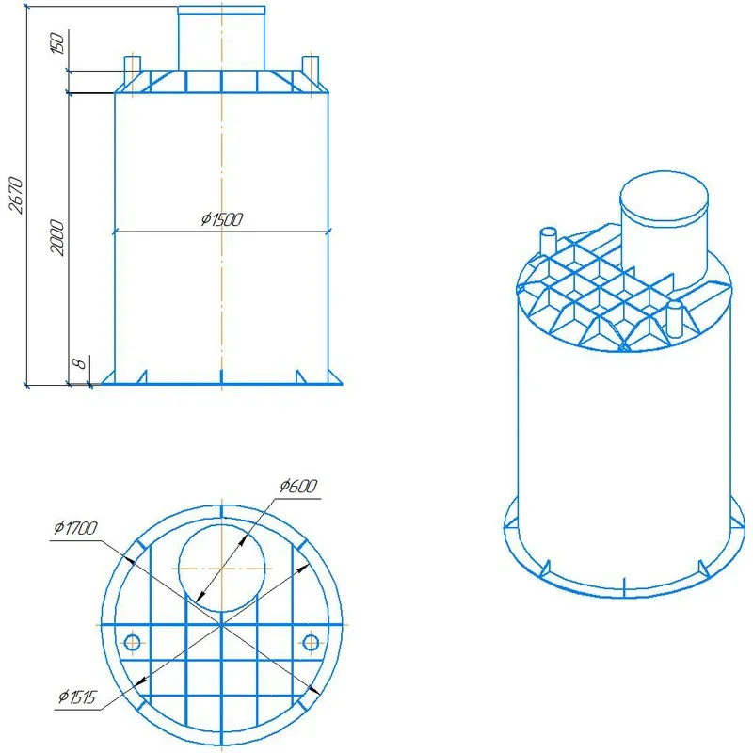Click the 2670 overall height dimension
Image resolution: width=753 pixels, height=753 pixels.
pos(16,195)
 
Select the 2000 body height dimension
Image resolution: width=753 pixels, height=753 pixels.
pos(56,238)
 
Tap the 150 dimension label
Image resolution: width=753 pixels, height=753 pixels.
pos(56,43)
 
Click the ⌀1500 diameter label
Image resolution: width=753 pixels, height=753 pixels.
pos(222,219)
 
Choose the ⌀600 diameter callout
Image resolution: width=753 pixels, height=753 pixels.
pos(298,486)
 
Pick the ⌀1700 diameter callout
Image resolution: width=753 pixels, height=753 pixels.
pos(75,528)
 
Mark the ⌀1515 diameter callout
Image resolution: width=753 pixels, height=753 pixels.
pos(77,697)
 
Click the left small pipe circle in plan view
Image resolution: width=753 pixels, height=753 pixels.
pos(132,642)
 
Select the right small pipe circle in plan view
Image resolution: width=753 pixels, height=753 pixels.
pos(311,642)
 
